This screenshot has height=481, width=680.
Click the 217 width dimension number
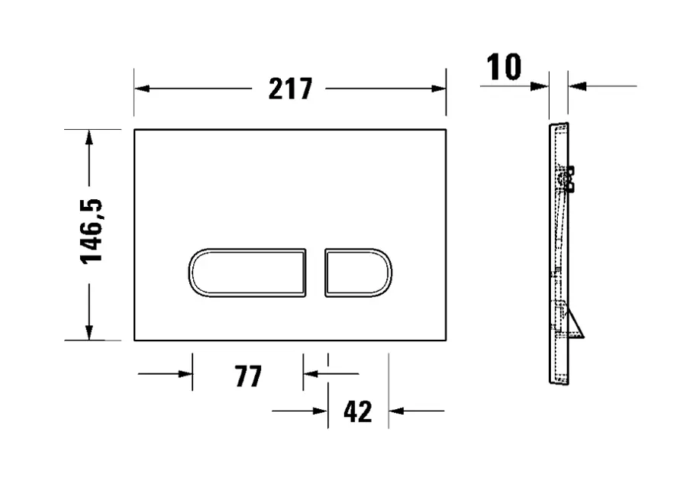click(290, 89)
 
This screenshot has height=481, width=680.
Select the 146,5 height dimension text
click(92, 231)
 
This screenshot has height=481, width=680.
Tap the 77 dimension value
click(248, 376)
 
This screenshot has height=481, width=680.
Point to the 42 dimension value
click(357, 412)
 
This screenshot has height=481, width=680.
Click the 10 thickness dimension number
click(504, 68)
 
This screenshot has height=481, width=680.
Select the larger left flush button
click(247, 273)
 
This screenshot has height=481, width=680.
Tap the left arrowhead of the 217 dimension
click(141, 89)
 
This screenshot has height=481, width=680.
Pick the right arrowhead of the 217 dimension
click(439, 89)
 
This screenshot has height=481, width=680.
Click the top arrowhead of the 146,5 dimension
click(89, 137)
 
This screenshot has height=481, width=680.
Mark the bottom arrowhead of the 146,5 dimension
click(89, 333)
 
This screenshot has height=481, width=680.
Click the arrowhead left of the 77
click(185, 374)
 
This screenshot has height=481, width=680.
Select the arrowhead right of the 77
click(310, 374)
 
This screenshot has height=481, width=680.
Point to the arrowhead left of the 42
click(321, 412)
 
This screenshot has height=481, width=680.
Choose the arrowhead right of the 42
click(395, 412)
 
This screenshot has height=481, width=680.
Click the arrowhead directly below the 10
click(540, 86)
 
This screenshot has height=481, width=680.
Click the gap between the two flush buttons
click(316, 273)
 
